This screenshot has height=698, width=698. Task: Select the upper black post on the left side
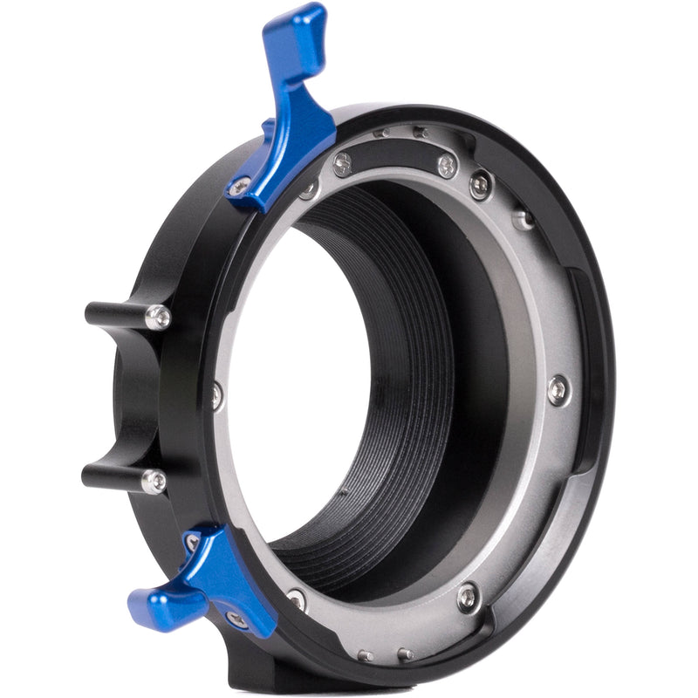tap(118, 314)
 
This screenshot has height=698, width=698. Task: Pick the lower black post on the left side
tap(113, 476)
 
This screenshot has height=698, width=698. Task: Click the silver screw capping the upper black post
tap(158, 317)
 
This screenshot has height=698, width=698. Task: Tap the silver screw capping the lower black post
tap(154, 481)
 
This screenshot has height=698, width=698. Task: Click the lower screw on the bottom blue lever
tap(236, 619)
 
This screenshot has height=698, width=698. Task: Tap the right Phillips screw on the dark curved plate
tap(447, 166)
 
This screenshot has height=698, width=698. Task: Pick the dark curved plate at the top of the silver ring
tap(397, 157)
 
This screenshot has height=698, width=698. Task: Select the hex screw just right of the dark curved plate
tap(480, 185)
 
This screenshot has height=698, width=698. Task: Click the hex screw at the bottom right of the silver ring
tap(469, 596)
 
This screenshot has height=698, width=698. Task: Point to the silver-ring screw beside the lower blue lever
tap(296, 599)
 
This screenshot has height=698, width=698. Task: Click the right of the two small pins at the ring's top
tap(421, 133)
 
